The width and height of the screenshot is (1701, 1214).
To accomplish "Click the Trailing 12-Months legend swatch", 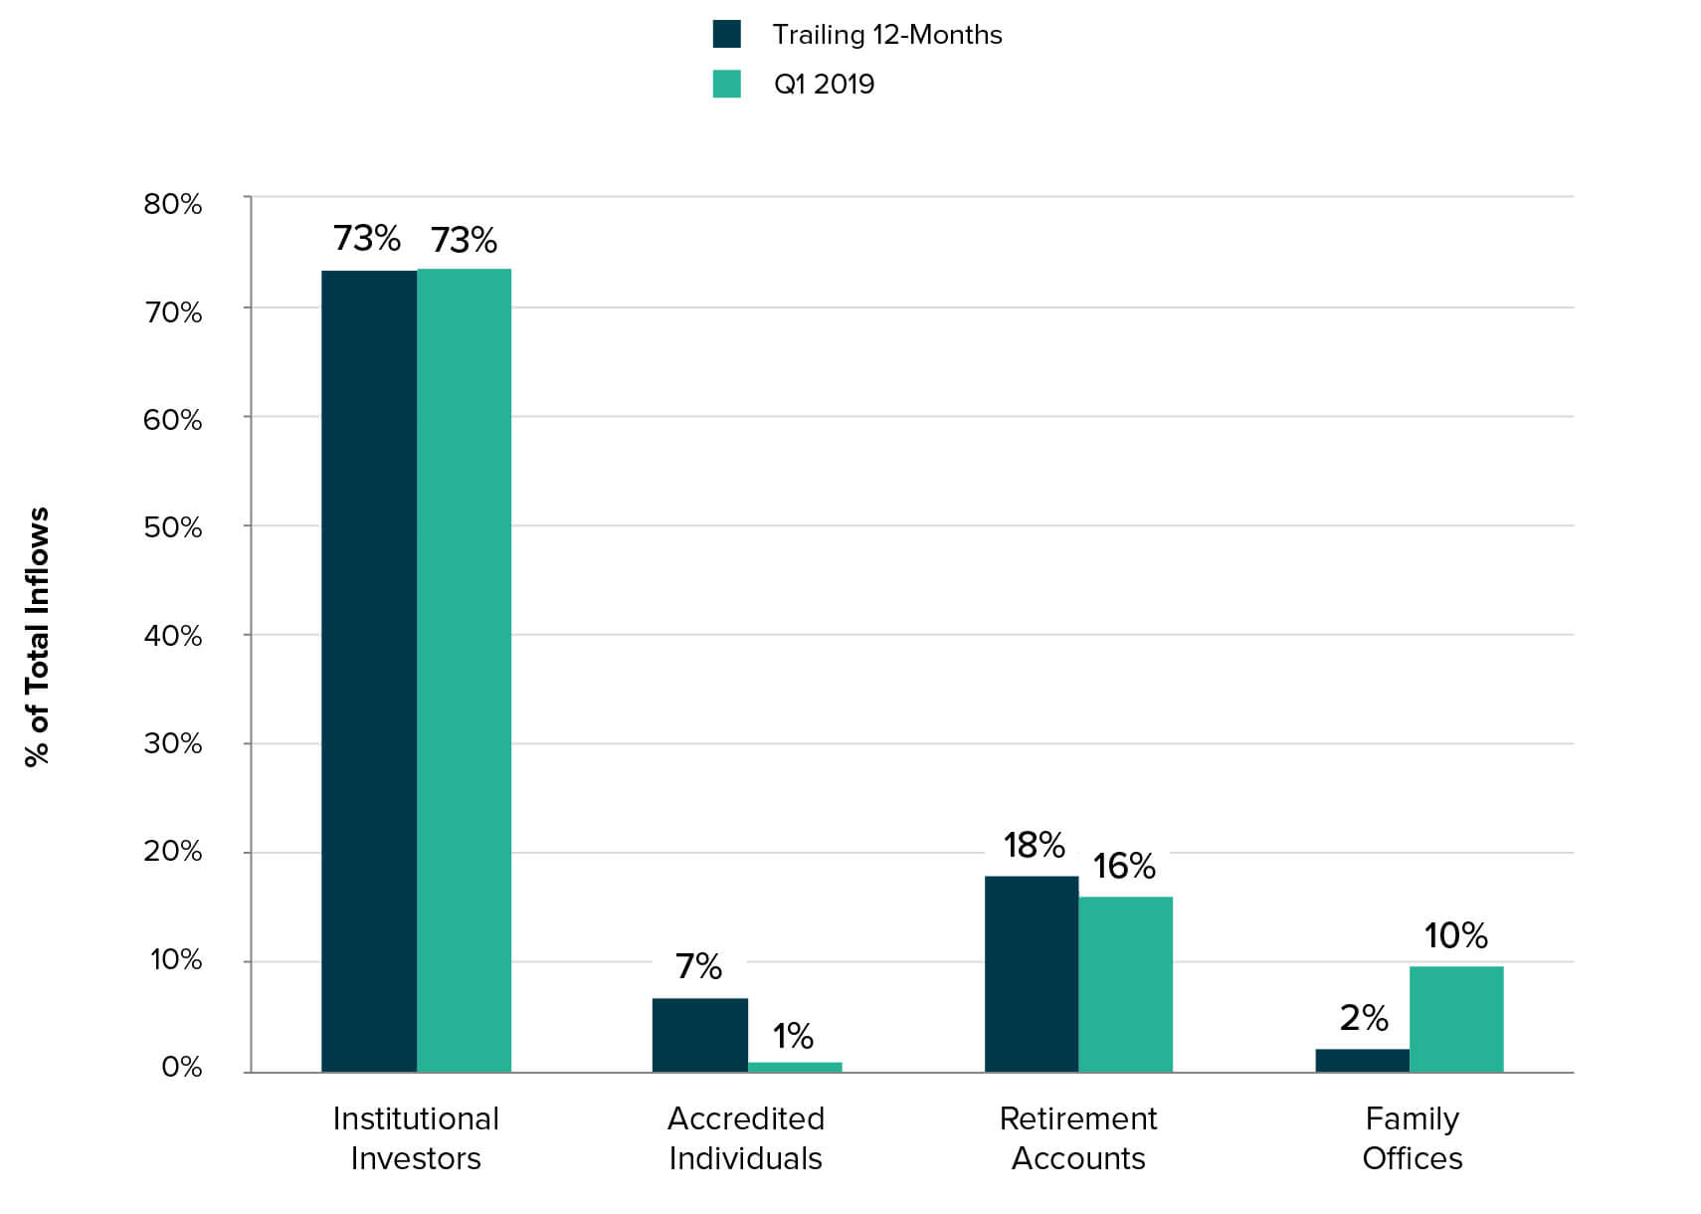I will pyautogui.click(x=727, y=34).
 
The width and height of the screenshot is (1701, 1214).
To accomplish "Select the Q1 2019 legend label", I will pyautogui.click(x=824, y=84).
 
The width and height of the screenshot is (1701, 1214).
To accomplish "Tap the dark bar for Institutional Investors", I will pyautogui.click(x=369, y=671).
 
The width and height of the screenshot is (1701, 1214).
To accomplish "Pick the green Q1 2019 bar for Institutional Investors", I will pyautogui.click(x=464, y=671).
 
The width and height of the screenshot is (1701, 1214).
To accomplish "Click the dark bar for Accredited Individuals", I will pyautogui.click(x=699, y=1035).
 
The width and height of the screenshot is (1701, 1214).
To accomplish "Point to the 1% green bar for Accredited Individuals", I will pyautogui.click(x=795, y=1067).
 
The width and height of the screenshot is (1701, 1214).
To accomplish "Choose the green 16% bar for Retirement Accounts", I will pyautogui.click(x=1125, y=984).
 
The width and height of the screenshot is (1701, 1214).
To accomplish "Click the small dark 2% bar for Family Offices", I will pyautogui.click(x=1362, y=1061).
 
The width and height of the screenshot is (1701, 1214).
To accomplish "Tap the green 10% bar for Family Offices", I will pyautogui.click(x=1456, y=1019).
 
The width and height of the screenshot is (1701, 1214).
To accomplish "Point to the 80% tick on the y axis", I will pyautogui.click(x=173, y=204).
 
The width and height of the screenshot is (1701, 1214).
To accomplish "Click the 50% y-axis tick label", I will pyautogui.click(x=173, y=527).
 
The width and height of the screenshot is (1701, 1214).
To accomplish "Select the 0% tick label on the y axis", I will pyautogui.click(x=181, y=1068).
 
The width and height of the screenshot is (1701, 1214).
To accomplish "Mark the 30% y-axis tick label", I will pyautogui.click(x=173, y=743).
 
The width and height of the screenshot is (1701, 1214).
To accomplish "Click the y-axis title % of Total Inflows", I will pyautogui.click(x=37, y=637).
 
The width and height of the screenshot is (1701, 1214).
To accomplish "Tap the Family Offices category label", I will pyautogui.click(x=1412, y=1138).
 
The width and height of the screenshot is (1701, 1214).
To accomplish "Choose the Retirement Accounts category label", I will pyautogui.click(x=1078, y=1138).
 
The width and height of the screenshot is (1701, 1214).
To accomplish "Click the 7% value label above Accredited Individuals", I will pyautogui.click(x=698, y=966).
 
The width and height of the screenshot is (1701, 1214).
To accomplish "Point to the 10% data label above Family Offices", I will pyautogui.click(x=1455, y=935).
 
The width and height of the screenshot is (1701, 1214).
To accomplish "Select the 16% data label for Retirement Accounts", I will pyautogui.click(x=1124, y=866).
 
